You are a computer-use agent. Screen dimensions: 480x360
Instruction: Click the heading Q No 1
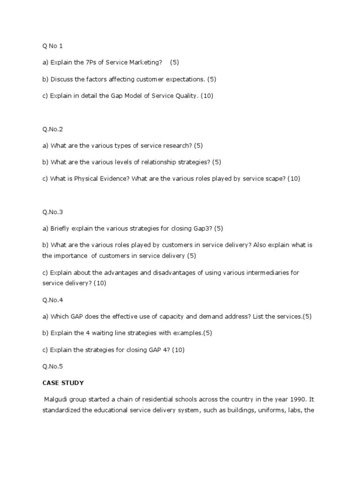[x=52, y=46]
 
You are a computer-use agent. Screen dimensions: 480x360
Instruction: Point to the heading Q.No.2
[x=52, y=129]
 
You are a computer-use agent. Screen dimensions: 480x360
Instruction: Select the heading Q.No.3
[x=52, y=212]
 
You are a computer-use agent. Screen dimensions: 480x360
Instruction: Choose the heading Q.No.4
[x=52, y=300]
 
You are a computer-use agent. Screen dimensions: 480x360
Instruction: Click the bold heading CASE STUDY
[x=63, y=383]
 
